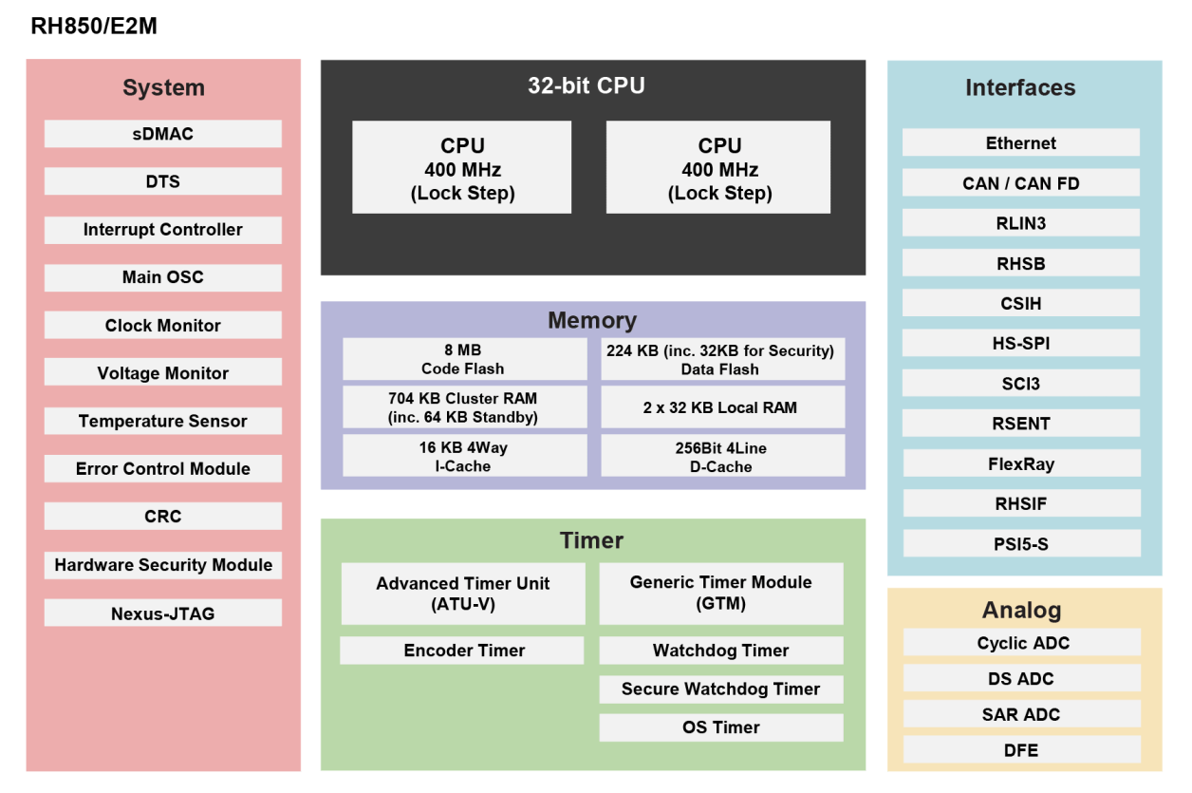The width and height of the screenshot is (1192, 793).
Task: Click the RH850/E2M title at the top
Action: tap(94, 27)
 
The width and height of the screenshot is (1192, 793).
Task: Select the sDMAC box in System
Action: tap(162, 134)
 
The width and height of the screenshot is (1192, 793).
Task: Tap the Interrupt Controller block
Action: tap(162, 230)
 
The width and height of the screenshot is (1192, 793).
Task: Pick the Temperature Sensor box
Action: tap(162, 421)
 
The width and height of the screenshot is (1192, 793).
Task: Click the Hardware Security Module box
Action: tap(162, 565)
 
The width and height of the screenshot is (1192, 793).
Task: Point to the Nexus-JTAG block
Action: tap(162, 614)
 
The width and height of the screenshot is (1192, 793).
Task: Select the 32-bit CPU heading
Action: tap(587, 86)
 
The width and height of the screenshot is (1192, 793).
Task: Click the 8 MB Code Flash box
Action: tap(463, 360)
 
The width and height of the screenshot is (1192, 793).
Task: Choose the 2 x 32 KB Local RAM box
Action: tap(721, 407)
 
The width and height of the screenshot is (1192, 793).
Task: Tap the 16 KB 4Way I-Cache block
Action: tap(463, 457)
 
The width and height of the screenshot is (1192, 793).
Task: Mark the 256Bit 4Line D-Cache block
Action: tap(721, 457)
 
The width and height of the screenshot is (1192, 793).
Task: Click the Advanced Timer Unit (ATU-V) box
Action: tap(463, 594)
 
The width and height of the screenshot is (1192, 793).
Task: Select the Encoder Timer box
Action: tap(463, 651)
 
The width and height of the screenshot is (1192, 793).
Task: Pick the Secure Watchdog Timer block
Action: tap(720, 689)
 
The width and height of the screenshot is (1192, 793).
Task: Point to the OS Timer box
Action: tap(720, 727)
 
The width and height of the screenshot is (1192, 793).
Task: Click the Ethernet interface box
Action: tap(1020, 143)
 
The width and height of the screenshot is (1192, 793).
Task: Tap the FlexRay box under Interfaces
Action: tap(1020, 464)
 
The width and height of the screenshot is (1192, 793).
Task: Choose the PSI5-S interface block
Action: tap(1020, 544)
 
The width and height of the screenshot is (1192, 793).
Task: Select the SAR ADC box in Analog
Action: tap(1020, 714)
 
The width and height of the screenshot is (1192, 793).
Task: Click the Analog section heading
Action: tap(1021, 611)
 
